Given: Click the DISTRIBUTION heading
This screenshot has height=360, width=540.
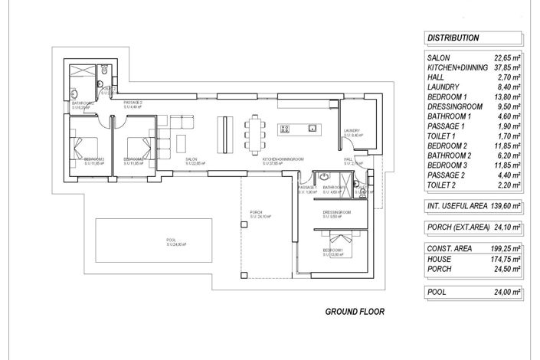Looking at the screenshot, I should point(453,38).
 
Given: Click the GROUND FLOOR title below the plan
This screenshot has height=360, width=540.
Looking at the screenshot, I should point(355,312).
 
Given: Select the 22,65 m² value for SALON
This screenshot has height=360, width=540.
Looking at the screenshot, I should point(506,57).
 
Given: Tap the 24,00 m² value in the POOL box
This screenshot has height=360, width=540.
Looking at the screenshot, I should point(506,292).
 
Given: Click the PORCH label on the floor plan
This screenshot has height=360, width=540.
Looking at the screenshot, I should point(256,212).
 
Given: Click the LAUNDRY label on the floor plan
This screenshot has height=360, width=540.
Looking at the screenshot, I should point(352,131).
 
